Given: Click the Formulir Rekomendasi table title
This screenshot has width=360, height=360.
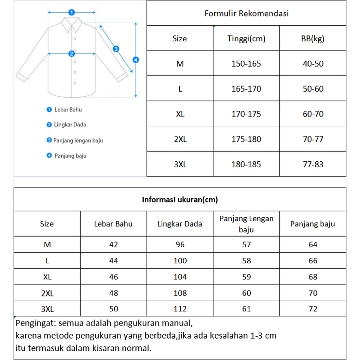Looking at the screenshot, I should (x=246, y=13).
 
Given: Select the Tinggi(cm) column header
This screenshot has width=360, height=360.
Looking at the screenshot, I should (x=246, y=38).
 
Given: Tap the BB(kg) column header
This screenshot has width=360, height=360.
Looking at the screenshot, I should (x=313, y=38).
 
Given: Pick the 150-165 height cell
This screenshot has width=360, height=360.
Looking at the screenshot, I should (x=246, y=64).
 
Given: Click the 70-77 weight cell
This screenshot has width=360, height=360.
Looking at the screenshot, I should (x=313, y=139).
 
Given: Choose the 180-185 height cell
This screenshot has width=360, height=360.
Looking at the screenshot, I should (x=246, y=164).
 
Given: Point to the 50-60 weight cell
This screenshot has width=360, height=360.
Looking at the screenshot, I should (x=313, y=89).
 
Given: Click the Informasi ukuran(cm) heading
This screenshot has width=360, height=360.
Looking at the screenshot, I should (x=180, y=200).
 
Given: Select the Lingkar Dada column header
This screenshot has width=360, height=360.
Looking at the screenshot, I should (x=180, y=224).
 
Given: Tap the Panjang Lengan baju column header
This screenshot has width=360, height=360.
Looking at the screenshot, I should (x=246, y=224).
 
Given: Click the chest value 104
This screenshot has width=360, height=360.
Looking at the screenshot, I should (x=180, y=277).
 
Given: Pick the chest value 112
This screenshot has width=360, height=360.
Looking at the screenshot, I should (x=180, y=309).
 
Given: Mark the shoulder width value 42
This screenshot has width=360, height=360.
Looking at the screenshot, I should (x=113, y=245).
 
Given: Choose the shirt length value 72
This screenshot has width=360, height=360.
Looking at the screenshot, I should (x=313, y=309).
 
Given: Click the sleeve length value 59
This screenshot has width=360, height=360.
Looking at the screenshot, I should (x=246, y=277).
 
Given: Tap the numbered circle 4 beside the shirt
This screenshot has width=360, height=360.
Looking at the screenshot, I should (x=136, y=60).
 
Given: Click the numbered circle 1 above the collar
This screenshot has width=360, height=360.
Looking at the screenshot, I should (x=71, y=12).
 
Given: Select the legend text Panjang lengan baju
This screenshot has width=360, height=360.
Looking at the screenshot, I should (x=78, y=140).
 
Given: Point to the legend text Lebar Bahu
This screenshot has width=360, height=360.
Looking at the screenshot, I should (x=68, y=110).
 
